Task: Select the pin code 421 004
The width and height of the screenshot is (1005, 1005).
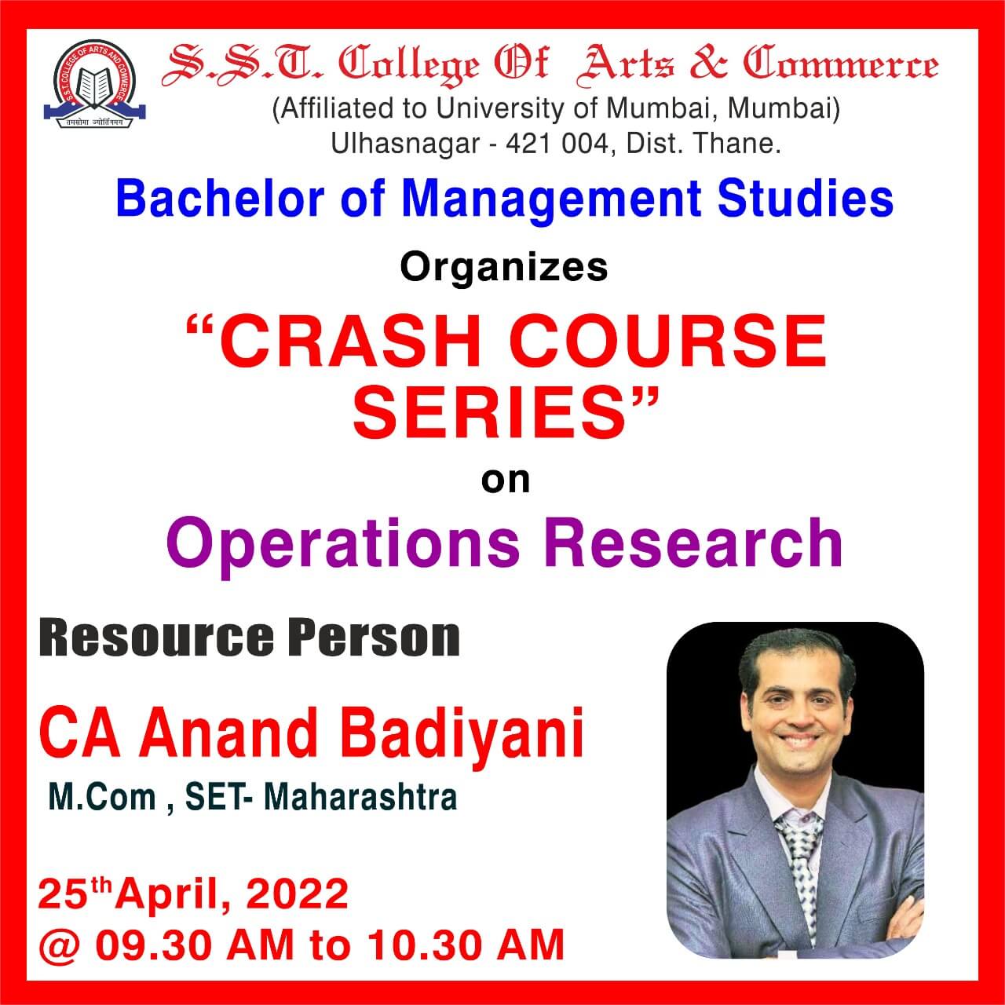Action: (557, 144)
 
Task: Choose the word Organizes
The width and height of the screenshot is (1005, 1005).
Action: (504, 269)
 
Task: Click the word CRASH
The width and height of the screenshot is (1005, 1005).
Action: (350, 341)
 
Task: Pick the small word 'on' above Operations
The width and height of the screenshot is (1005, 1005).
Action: (506, 481)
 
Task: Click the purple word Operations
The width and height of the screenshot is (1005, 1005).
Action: (343, 544)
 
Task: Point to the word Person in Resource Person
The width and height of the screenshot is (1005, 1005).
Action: (377, 639)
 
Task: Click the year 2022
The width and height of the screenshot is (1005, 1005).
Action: (297, 894)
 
